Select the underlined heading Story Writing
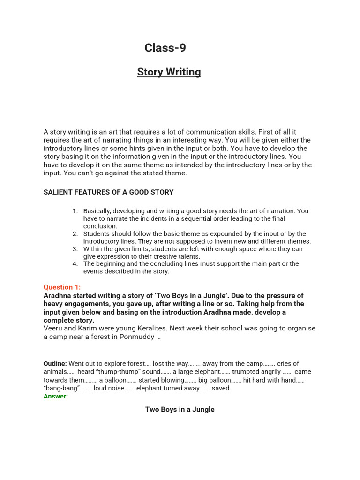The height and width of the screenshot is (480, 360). [x=169, y=72]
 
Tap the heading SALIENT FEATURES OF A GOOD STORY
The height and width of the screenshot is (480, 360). [x=108, y=192]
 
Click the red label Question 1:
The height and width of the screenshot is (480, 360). [x=62, y=287]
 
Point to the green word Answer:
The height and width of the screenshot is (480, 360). [x=56, y=396]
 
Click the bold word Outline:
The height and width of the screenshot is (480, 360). [x=55, y=364]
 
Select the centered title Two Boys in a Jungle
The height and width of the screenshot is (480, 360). [x=180, y=409]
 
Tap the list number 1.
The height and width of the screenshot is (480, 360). [x=75, y=211]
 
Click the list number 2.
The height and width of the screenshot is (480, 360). [x=75, y=234]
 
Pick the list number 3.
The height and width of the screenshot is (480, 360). [x=75, y=249]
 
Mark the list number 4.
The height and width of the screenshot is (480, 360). [x=75, y=264]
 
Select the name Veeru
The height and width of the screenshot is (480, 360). [x=53, y=328]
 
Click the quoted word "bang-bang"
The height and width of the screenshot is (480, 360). [x=60, y=388]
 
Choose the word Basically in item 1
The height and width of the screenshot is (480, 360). [x=97, y=211]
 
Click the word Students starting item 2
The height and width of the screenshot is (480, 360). [x=97, y=234]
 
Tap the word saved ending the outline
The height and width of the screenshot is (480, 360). [x=221, y=388]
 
